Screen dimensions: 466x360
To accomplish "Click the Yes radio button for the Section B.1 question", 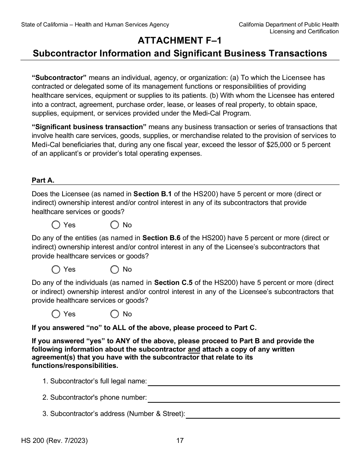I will pyautogui.click(x=56, y=225).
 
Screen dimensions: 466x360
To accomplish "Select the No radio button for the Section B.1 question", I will pyautogui.click(x=115, y=225).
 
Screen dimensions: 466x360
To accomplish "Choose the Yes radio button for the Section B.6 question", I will pyautogui.click(x=56, y=269).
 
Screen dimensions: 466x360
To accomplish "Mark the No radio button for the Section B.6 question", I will pyautogui.click(x=115, y=269).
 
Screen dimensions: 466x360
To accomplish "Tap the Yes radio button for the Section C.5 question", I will pyautogui.click(x=56, y=314).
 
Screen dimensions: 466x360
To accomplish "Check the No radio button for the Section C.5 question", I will pyautogui.click(x=115, y=314).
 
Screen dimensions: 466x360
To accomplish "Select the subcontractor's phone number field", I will pyautogui.click(x=243, y=397).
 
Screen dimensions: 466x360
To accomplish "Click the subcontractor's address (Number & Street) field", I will pyautogui.click(x=263, y=414).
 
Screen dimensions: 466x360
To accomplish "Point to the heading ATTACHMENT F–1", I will pyautogui.click(x=180, y=41).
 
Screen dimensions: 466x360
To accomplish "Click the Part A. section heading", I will pyautogui.click(x=43, y=180).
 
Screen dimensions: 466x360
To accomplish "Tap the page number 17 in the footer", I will pyautogui.click(x=180, y=441).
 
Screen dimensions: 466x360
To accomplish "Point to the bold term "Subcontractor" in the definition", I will pyautogui.click(x=59, y=78).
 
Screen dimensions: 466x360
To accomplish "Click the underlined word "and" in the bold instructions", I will pyautogui.click(x=194, y=349).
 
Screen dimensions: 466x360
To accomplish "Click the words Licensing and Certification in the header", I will pyautogui.click(x=304, y=31).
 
